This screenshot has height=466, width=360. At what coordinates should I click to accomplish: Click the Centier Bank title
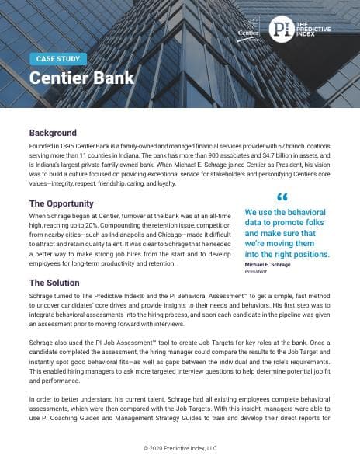point(81,78)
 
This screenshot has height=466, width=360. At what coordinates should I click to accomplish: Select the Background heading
point(53,133)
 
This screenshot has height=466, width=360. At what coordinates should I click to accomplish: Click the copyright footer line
point(180,448)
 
